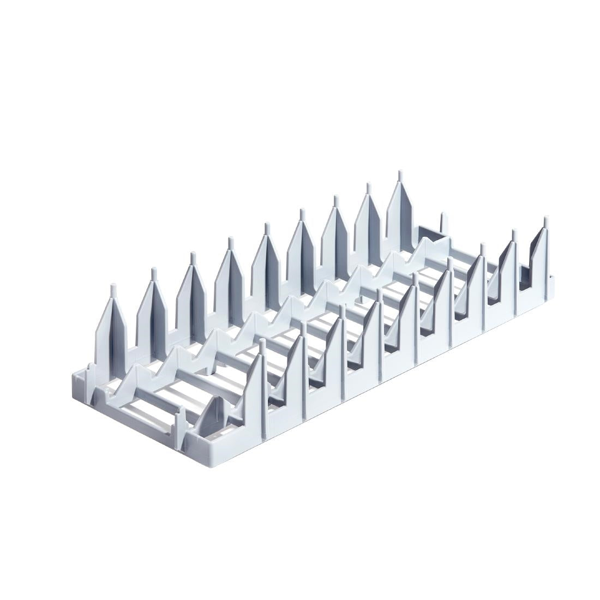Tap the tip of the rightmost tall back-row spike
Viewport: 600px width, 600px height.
coord(400,176)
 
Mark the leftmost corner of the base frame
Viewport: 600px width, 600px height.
coord(75,377)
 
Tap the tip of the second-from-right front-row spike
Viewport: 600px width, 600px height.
coord(513,233)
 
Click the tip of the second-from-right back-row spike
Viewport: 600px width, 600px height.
coord(367,188)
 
